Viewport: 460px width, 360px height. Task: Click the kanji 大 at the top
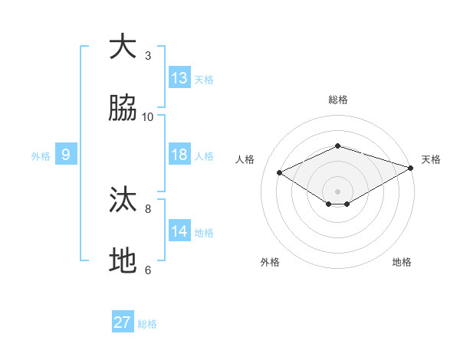pos(123,47)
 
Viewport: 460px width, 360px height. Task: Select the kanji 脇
pos(123,110)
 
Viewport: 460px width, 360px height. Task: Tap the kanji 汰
pos(123,201)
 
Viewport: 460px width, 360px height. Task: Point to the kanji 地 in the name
pos(123,262)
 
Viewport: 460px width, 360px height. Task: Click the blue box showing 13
pos(179,78)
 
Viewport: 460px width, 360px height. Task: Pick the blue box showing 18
pos(179,155)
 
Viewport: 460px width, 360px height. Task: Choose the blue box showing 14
pos(179,231)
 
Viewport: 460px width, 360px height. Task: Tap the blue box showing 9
pos(66,155)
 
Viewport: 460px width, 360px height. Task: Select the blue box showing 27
pos(123,322)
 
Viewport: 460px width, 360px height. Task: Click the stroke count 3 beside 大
pos(148,55)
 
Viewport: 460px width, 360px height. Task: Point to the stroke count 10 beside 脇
pos(148,116)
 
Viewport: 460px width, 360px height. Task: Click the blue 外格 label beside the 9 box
pos(41,155)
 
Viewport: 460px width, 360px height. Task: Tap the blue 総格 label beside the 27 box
pos(147,323)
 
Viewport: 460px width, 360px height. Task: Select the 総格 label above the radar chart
pos(338,100)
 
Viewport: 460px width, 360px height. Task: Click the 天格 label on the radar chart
pos(431,159)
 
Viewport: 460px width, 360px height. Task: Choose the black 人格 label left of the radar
pos(245,159)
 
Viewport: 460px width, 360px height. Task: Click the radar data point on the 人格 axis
pos(280,172)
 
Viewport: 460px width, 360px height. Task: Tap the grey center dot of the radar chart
pos(338,191)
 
